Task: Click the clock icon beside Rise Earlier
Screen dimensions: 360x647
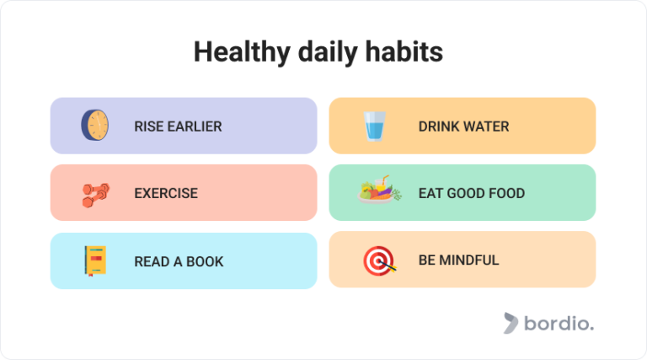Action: (94, 126)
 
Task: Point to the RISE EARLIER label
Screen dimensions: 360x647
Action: (178, 126)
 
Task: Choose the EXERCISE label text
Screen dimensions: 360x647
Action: (166, 193)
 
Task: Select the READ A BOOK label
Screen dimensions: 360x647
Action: (179, 261)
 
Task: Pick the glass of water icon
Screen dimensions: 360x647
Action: (373, 126)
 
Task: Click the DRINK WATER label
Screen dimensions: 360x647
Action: (463, 126)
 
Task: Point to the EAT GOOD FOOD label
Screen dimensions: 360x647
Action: (471, 193)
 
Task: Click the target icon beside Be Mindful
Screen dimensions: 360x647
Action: (376, 261)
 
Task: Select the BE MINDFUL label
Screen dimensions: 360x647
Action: (458, 261)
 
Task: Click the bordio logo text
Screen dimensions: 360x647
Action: (558, 324)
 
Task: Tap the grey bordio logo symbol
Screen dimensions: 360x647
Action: (511, 323)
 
